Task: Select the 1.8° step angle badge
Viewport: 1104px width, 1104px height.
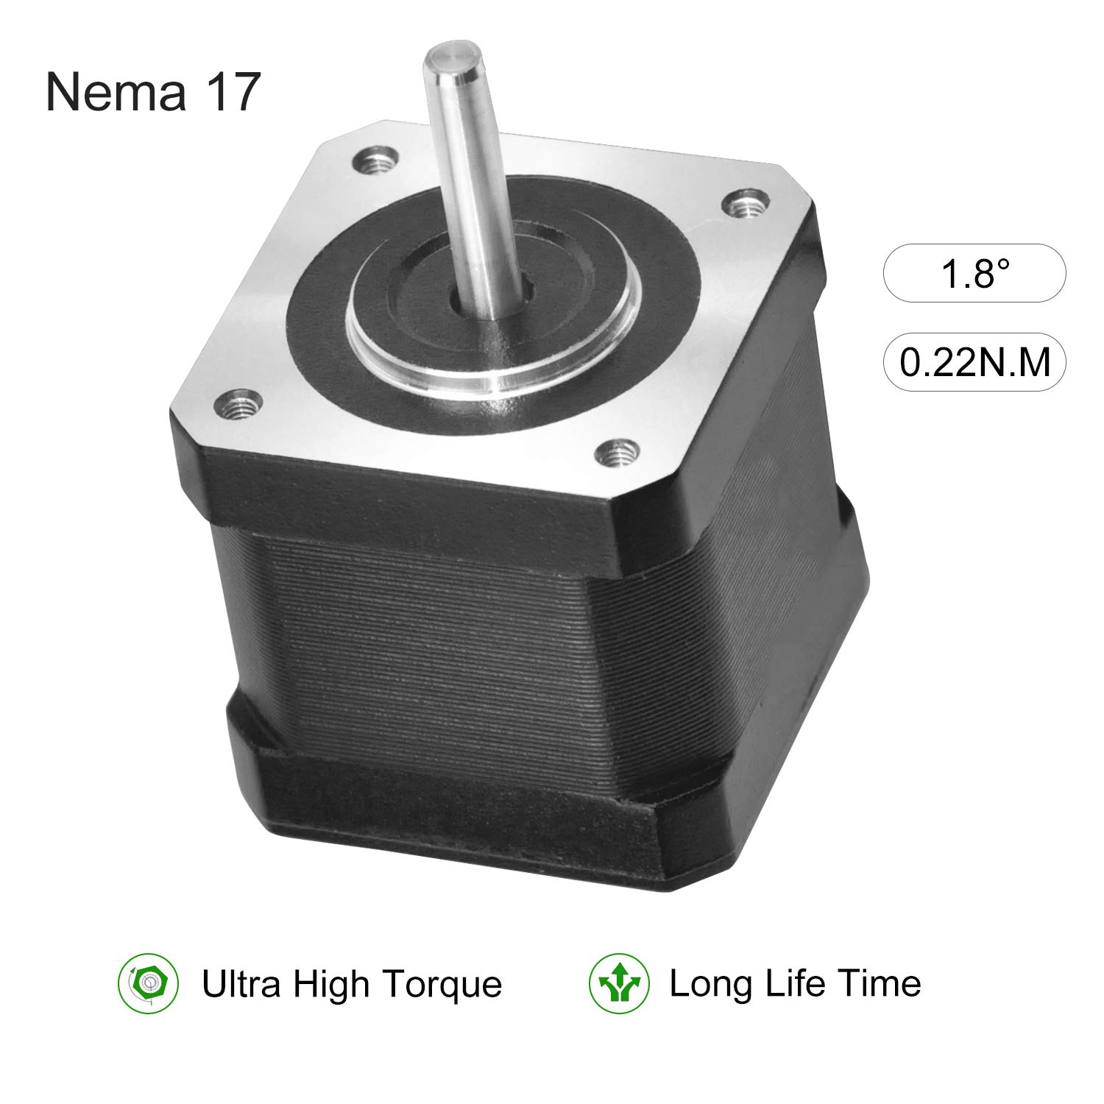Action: [x=974, y=273]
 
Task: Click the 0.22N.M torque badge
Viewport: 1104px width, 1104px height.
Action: [x=974, y=362]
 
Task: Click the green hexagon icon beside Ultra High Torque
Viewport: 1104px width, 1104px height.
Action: [x=149, y=983]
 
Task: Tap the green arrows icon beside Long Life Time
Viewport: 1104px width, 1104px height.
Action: [x=619, y=983]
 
